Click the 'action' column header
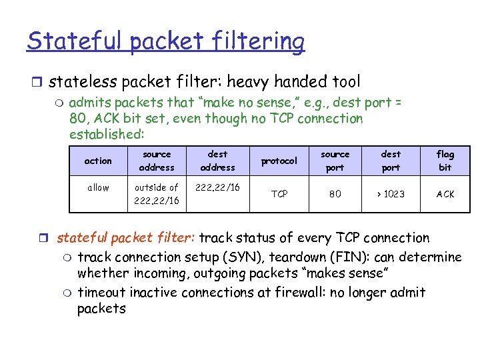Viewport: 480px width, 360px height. point(98,161)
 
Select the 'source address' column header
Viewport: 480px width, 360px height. point(157,161)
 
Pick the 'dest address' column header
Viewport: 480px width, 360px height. point(217,161)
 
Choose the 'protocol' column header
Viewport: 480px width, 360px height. point(279,161)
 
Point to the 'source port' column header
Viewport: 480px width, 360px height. point(335,161)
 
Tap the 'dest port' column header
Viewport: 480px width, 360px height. point(391,161)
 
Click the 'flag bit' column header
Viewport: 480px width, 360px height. point(445,161)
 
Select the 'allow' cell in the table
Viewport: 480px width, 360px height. point(98,187)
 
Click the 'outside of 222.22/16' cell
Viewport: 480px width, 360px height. point(157,194)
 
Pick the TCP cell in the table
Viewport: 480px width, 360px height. point(279,194)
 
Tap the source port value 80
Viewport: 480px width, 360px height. point(335,194)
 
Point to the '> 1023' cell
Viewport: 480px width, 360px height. point(391,194)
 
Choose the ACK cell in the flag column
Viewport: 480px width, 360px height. point(445,194)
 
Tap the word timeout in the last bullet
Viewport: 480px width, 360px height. point(101,292)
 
